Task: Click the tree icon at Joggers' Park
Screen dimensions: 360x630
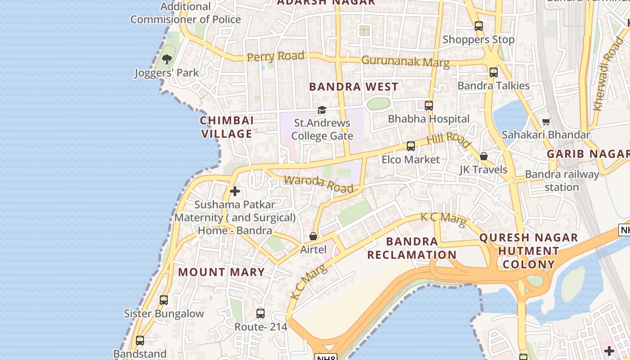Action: coord(167,59)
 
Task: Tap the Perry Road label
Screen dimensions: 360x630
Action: coord(275,56)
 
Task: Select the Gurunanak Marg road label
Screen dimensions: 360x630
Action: coord(405,61)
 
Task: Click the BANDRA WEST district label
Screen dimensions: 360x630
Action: coord(354,87)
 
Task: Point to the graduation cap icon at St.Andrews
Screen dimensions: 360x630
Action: coord(322,110)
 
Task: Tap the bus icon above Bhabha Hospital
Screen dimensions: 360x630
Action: coord(429,106)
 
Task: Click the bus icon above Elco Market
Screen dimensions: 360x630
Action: coord(411,146)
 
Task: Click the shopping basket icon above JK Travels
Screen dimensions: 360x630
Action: coord(483,156)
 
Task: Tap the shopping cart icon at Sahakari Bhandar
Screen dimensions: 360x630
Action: coord(546,121)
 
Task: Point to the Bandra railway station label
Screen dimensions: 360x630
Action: coord(562,180)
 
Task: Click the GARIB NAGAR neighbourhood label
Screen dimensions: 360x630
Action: coord(588,154)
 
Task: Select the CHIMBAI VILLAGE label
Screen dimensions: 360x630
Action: coord(227,127)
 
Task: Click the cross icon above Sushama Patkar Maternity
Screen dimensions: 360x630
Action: coord(234,191)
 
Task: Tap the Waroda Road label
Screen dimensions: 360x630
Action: coord(318,184)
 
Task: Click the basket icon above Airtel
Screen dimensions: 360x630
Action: coord(313,236)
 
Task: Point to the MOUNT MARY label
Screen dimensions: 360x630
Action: coord(221,272)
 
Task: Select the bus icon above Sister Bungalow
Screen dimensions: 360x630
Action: coord(164,300)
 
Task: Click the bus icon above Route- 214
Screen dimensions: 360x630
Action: coord(261,313)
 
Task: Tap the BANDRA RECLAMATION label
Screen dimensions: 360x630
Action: coord(412,248)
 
